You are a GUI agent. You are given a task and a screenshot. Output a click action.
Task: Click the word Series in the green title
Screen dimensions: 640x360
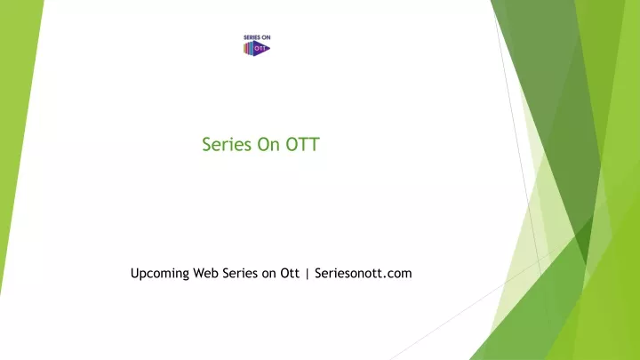tap(227, 145)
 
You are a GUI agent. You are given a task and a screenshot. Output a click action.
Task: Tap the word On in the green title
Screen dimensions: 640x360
tap(268, 145)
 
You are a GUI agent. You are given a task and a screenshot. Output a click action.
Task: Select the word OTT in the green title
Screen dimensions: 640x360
tap(302, 145)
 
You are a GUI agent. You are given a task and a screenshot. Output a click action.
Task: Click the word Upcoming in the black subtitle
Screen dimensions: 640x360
tap(160, 274)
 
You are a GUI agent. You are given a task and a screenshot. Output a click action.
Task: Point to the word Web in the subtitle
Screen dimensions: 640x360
tap(205, 273)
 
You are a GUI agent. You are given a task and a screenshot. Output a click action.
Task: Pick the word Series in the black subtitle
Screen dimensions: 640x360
tap(240, 273)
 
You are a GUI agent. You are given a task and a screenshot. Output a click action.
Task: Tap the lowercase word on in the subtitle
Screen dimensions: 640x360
tap(269, 275)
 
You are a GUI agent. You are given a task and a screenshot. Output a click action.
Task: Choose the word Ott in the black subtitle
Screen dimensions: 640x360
tap(290, 273)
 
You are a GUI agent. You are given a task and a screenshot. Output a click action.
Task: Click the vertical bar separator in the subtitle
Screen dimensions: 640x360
tap(307, 274)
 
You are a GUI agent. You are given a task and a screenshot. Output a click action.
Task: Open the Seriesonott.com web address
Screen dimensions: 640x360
tap(364, 273)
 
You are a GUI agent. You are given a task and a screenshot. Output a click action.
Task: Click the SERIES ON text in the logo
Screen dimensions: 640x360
tap(257, 37)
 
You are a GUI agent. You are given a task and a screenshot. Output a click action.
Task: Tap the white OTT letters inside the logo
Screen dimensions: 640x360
tap(260, 49)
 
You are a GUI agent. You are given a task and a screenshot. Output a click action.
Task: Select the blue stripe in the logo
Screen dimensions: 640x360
tap(252, 49)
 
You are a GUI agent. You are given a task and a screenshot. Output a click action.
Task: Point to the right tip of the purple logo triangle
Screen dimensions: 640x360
tap(270, 49)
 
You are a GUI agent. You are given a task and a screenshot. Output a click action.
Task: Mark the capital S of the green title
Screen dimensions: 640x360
tap(206, 145)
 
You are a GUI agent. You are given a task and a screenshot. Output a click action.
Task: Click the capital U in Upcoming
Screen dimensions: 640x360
tap(135, 273)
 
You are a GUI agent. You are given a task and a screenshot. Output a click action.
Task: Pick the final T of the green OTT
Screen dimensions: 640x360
tap(315, 145)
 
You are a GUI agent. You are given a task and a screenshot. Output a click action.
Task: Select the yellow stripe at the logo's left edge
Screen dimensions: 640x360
tap(244, 49)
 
